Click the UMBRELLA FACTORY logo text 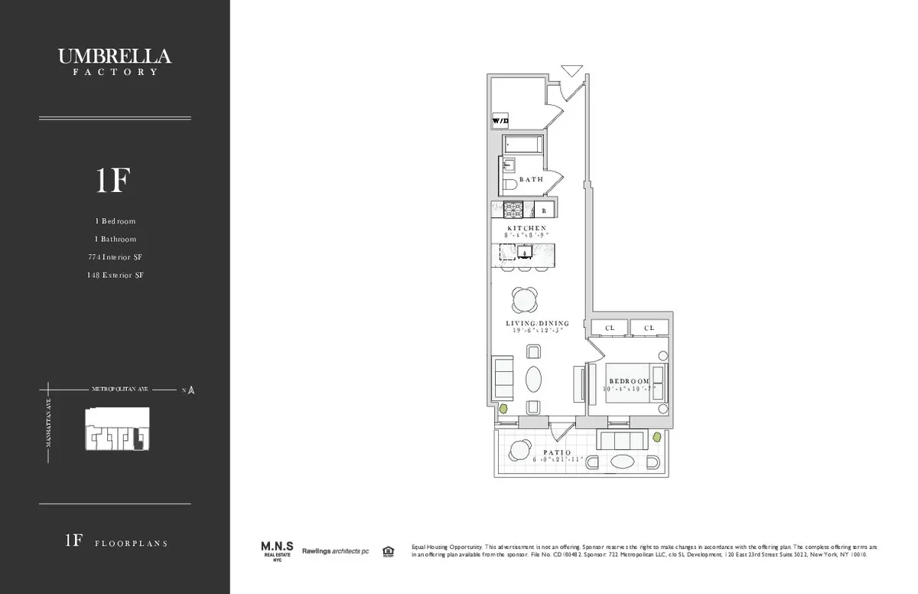[x=115, y=60]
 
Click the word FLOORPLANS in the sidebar [x=131, y=543]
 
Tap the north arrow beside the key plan [x=190, y=390]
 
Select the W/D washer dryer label [x=500, y=121]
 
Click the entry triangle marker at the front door [x=571, y=71]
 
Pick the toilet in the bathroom [x=509, y=186]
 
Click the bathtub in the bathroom [x=523, y=145]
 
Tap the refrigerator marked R [x=544, y=210]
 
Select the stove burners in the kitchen [x=512, y=209]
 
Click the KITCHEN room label [x=527, y=228]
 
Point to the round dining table [x=526, y=299]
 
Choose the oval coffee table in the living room [x=534, y=379]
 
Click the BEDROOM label [x=629, y=380]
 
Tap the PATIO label [x=558, y=452]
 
